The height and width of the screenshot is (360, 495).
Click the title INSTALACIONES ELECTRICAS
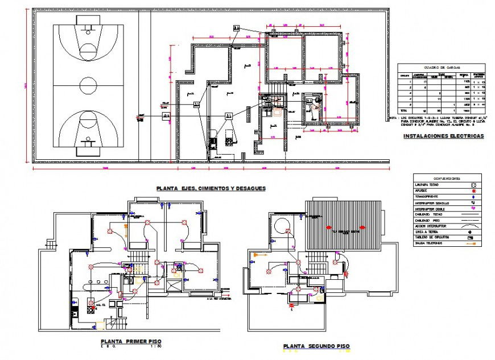pyautogui.click(x=443, y=136)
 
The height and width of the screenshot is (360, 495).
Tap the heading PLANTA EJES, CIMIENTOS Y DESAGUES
pyautogui.click(x=211, y=188)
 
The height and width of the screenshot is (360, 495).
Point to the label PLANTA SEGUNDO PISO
pyautogui.click(x=316, y=346)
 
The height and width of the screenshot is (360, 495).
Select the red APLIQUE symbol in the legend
pyautogui.click(x=472, y=191)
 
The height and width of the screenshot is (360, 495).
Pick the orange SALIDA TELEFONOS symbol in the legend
pyautogui.click(x=471, y=243)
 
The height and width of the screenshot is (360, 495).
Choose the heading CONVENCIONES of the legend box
pyautogui.click(x=447, y=177)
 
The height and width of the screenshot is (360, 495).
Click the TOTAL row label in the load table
pyautogui.click(x=404, y=110)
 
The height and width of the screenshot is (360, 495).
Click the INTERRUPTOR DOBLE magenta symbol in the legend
pyautogui.click(x=472, y=208)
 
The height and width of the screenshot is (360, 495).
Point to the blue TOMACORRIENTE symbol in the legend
pyautogui.click(x=472, y=197)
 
